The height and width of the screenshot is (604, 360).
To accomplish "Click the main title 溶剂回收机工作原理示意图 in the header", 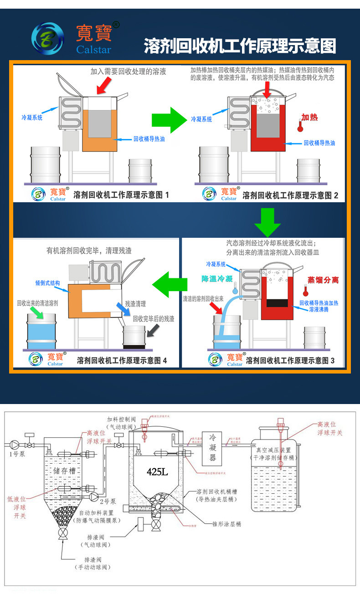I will (240, 46).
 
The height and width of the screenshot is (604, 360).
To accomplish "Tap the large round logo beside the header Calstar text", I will (47, 39).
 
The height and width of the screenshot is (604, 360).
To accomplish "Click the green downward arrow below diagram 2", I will (267, 222).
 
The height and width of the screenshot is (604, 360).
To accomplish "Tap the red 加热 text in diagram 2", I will (309, 118).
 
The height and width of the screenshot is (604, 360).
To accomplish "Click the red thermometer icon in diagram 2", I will (300, 125).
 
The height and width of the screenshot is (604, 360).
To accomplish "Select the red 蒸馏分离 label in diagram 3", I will (323, 280).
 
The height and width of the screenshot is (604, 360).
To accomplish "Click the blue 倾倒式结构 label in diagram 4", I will (47, 283).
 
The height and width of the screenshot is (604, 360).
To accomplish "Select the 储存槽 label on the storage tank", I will (66, 471).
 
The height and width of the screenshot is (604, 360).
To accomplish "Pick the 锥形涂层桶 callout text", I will (226, 524).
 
